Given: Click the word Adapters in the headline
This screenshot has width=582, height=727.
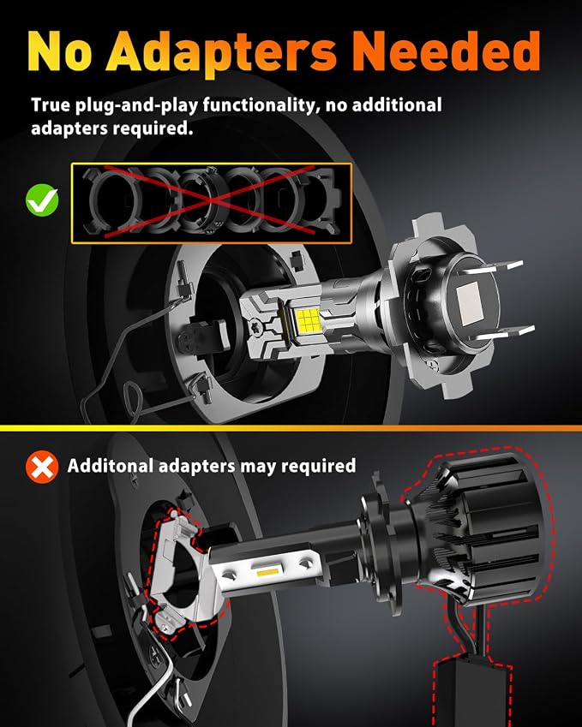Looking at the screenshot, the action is click(x=220, y=52).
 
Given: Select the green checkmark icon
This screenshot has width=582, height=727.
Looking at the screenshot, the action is click(x=42, y=200).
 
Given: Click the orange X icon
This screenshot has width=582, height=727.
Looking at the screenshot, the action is click(x=42, y=467).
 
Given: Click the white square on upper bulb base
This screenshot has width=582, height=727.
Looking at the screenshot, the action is click(x=469, y=301).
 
